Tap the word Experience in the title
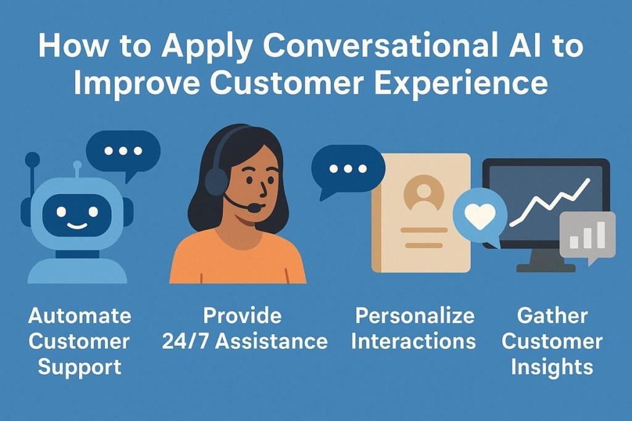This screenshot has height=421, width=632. coord(460,83)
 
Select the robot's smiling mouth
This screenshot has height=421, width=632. coord(77,224)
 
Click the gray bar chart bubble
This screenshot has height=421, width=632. coord(587,235)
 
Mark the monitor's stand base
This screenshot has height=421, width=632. coord(546,268)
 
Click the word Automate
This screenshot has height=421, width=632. coord(80,316)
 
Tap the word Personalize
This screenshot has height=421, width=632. coord(415,316)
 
